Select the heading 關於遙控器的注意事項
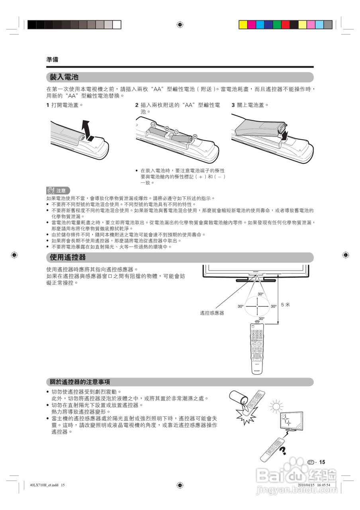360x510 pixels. pyautogui.click(x=80, y=382)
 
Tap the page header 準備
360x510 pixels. pyautogui.click(x=52, y=59)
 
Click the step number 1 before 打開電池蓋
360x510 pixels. pyautogui.click(x=48, y=105)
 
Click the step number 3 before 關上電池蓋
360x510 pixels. pyautogui.click(x=233, y=105)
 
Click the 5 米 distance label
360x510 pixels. pyautogui.click(x=286, y=304)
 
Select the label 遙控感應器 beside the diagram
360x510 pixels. pyautogui.click(x=212, y=313)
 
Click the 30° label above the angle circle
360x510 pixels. pyautogui.click(x=260, y=294)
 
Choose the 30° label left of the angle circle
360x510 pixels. pyautogui.click(x=241, y=306)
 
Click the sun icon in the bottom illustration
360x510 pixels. pyautogui.click(x=275, y=406)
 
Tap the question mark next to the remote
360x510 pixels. pyautogui.click(x=283, y=451)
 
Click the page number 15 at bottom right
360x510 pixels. pyautogui.click(x=322, y=462)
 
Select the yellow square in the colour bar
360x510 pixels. pyautogui.click(x=243, y=25)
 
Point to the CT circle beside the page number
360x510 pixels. pyautogui.click(x=311, y=462)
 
